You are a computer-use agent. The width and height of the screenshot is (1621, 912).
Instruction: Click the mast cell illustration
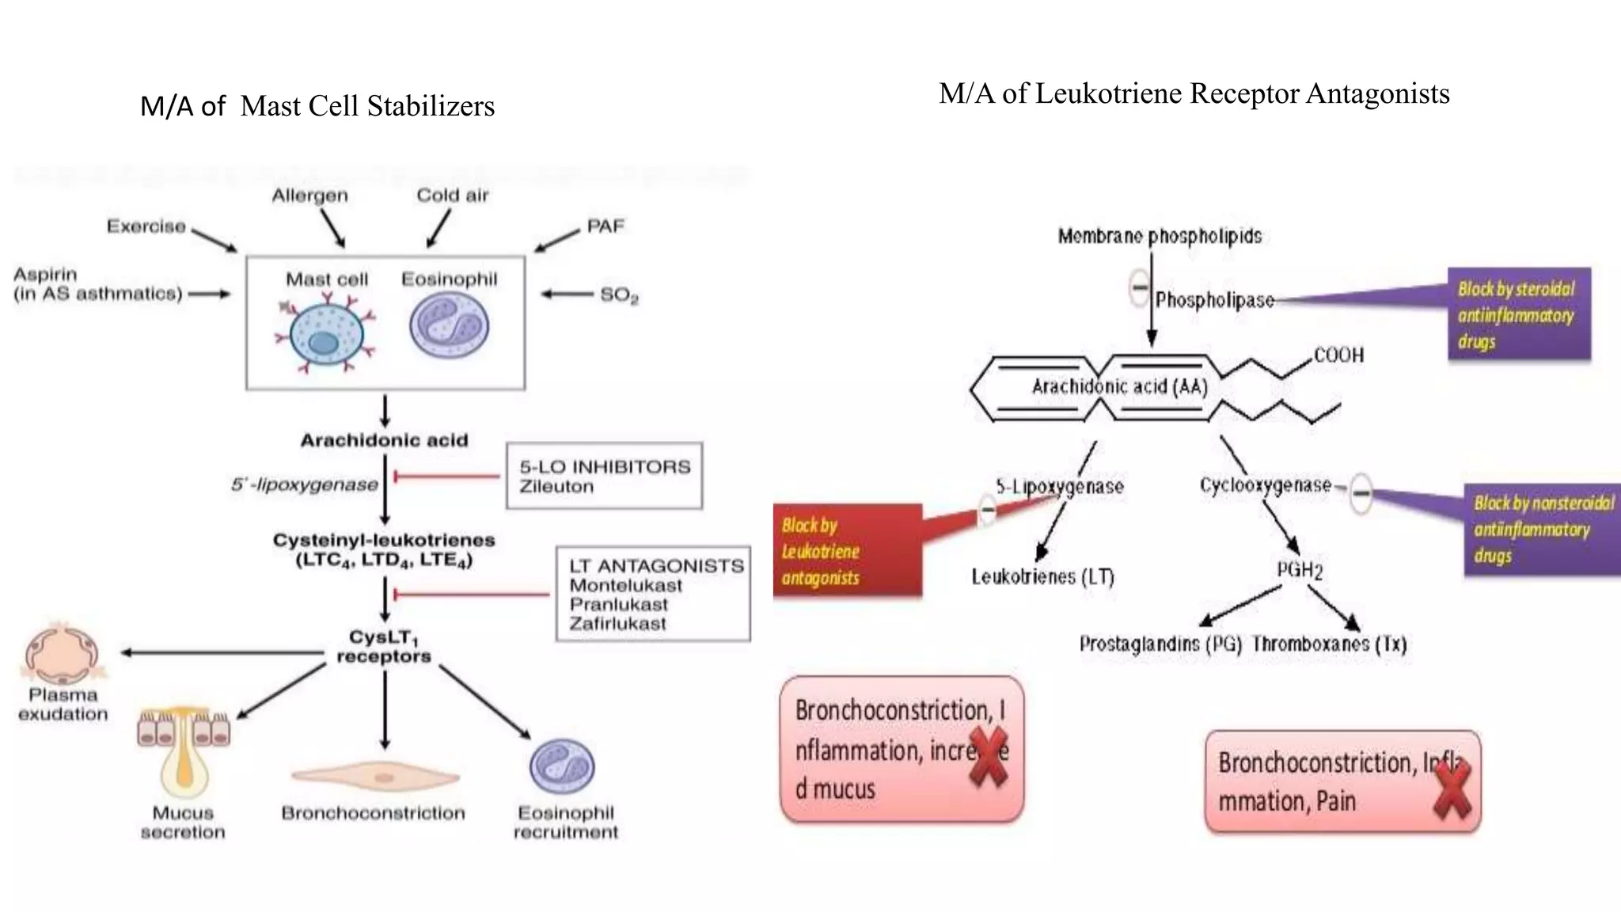(x=325, y=332)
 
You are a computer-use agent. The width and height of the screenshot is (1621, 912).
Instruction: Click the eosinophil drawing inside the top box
(x=449, y=325)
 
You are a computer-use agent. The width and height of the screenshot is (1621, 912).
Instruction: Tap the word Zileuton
(x=556, y=487)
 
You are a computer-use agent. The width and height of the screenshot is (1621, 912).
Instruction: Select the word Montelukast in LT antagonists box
(x=625, y=586)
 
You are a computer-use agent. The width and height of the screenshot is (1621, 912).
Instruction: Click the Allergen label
(x=309, y=196)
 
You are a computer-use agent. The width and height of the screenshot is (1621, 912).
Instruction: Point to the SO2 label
(x=618, y=295)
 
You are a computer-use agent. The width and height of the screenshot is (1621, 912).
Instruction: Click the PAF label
(x=606, y=226)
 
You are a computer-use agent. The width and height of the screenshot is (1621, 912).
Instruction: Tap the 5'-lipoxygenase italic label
(x=305, y=484)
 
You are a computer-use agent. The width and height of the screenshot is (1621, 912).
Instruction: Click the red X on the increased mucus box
(x=989, y=757)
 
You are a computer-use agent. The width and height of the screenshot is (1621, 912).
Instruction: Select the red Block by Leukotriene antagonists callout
(x=847, y=551)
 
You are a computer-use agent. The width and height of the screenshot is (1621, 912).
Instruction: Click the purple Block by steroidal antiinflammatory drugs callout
(x=1518, y=315)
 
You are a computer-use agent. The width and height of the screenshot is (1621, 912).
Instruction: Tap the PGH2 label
(x=1299, y=570)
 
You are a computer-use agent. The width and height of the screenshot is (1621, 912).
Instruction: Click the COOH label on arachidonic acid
(x=1338, y=355)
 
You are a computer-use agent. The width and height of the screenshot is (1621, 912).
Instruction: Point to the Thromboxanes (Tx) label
(x=1329, y=644)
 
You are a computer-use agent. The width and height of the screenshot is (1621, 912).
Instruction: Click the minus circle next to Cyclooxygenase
(x=1361, y=492)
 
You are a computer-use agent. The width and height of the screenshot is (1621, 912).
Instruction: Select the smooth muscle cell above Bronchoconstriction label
(x=375, y=777)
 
